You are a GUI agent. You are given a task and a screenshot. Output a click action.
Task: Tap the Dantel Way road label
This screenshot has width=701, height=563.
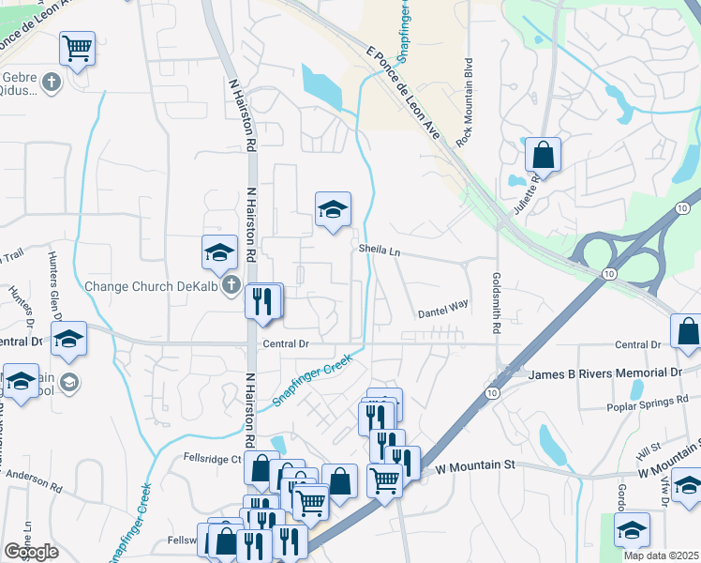(442, 307)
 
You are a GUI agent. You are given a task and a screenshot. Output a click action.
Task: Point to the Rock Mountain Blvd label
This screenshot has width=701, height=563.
(463, 99)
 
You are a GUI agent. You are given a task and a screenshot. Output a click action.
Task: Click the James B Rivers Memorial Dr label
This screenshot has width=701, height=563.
(605, 373)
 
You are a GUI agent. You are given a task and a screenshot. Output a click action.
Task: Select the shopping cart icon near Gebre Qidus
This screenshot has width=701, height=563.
(77, 47)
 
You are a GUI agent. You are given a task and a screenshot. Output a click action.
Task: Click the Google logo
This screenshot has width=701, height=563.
(31, 552)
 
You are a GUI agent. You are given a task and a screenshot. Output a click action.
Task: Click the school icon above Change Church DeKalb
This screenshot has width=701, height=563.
(218, 251)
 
